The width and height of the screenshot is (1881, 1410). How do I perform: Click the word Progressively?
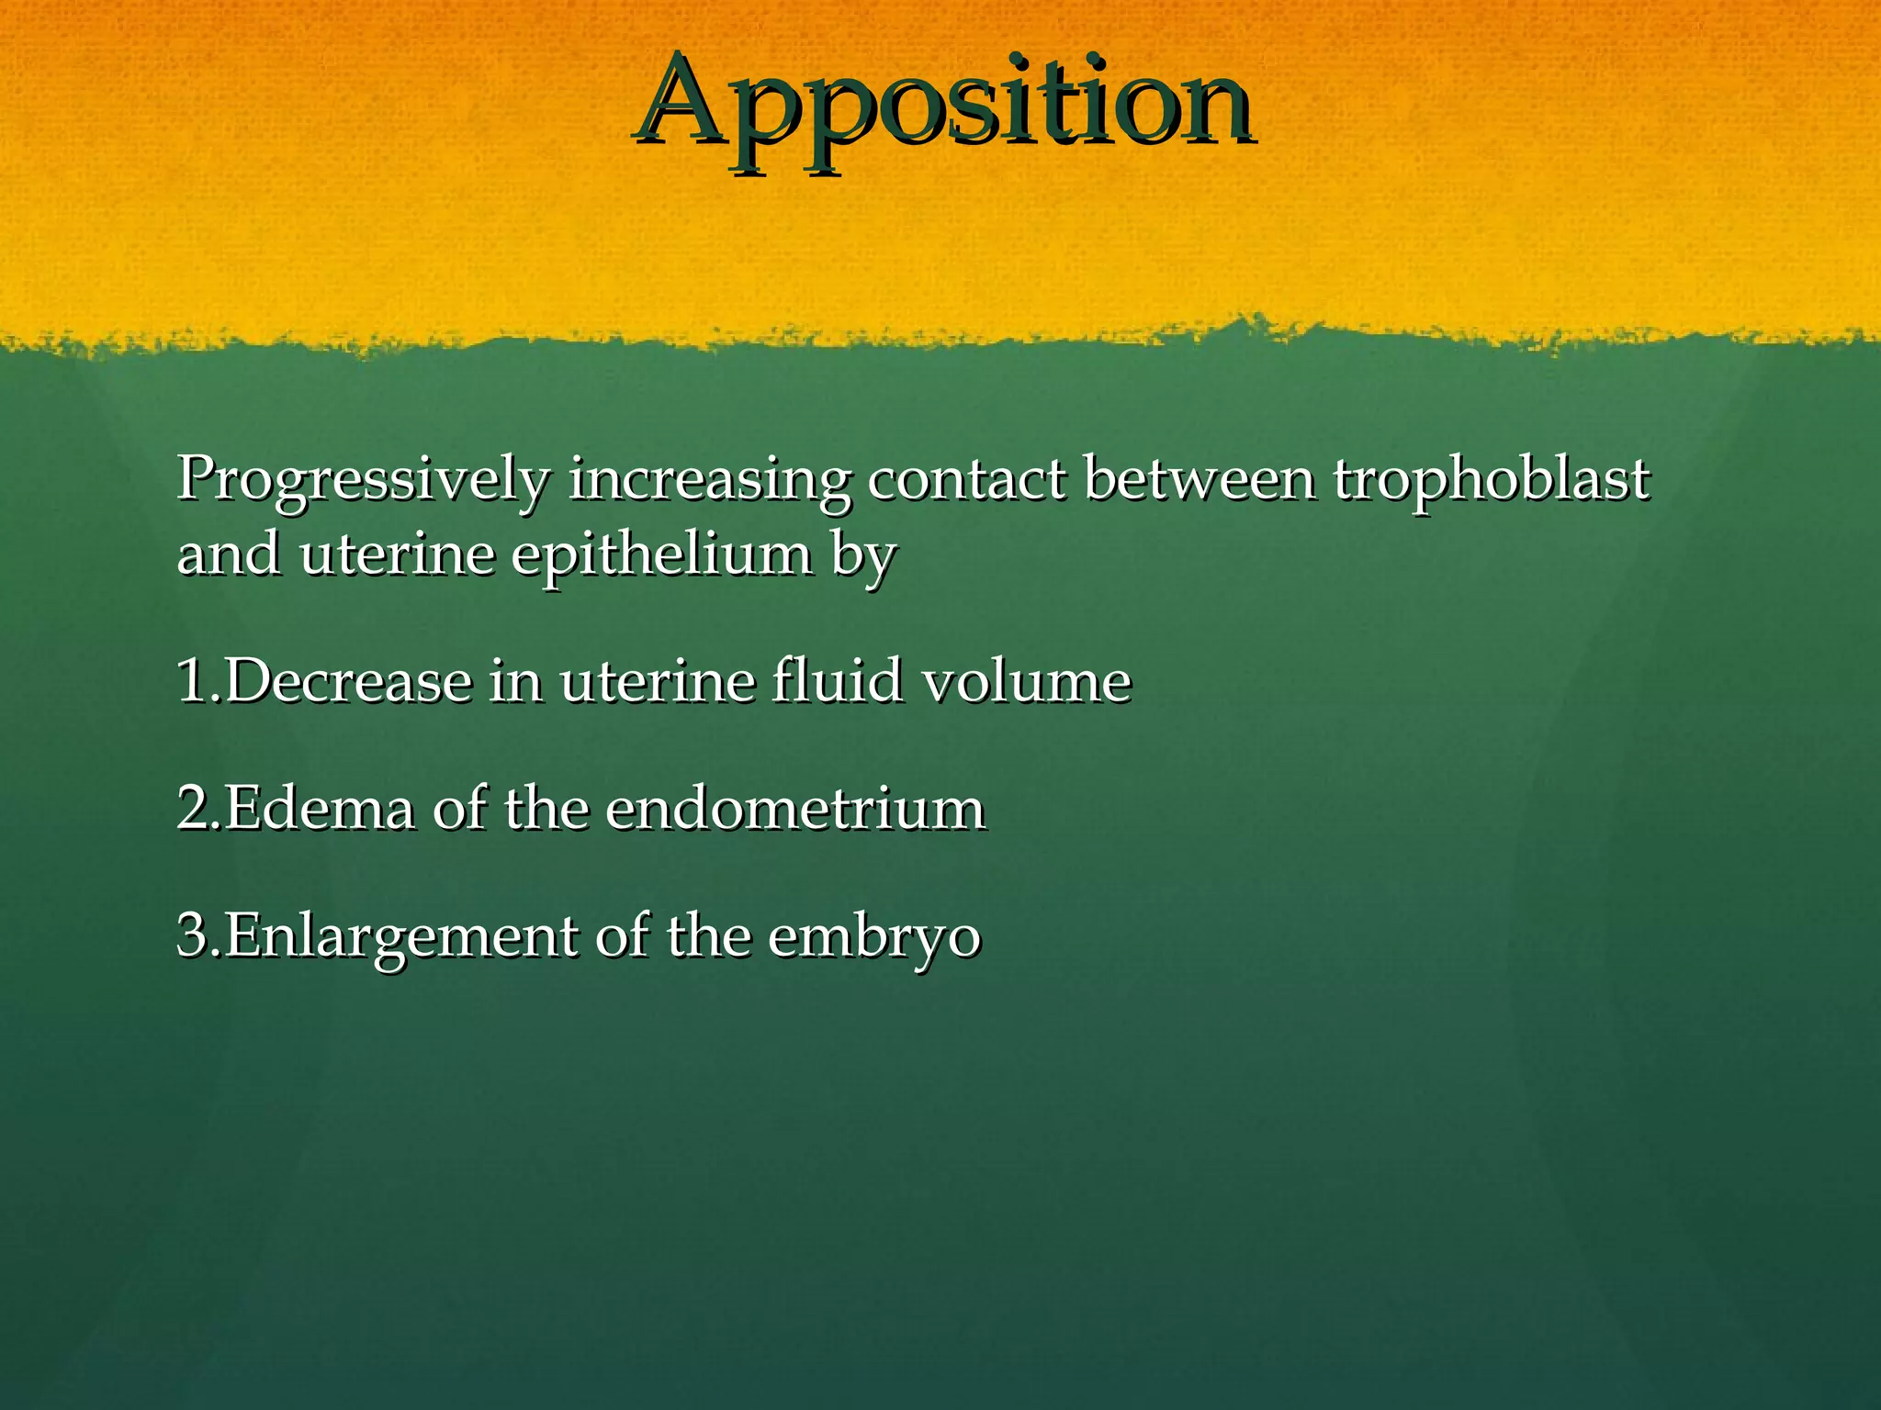pyautogui.click(x=364, y=479)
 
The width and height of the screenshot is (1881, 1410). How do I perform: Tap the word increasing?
pyautogui.click(x=709, y=479)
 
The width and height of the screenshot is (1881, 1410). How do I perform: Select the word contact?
pyautogui.click(x=967, y=479)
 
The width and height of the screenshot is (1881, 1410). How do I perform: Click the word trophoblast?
pyautogui.click(x=1492, y=479)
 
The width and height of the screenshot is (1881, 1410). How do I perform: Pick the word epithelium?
pyautogui.click(x=662, y=556)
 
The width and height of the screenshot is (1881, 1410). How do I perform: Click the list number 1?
pyautogui.click(x=193, y=681)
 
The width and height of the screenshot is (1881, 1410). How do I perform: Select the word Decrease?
pyautogui.click(x=347, y=681)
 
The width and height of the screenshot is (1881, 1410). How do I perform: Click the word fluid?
pyautogui.click(x=837, y=681)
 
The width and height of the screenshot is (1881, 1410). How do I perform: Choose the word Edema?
pyautogui.click(x=319, y=809)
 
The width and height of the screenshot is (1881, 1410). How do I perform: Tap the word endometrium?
pyautogui.click(x=795, y=809)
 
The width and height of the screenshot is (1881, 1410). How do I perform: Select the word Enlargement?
pyautogui.click(x=400, y=938)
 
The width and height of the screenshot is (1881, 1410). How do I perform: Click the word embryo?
pyautogui.click(x=874, y=938)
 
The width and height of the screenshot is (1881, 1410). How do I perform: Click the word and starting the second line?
pyautogui.click(x=230, y=556)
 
